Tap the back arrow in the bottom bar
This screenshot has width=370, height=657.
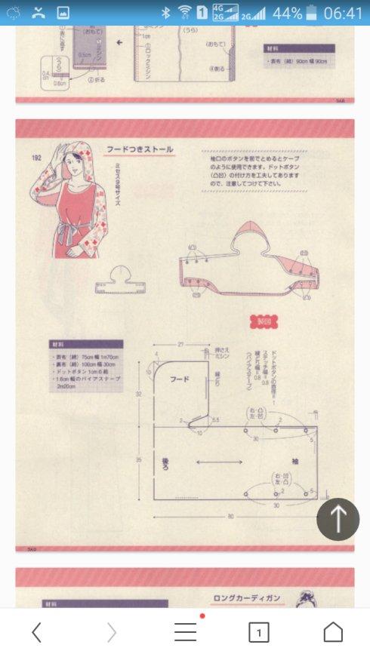[36, 632]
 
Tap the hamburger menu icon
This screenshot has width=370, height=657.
[185, 632]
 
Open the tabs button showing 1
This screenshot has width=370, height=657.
[258, 632]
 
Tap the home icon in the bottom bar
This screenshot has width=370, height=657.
[333, 632]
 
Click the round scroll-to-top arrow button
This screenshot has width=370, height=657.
[338, 519]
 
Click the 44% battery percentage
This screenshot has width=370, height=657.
[287, 13]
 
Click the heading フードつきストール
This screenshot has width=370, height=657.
[140, 150]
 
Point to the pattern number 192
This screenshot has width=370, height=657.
[35, 157]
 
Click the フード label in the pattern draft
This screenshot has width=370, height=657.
[179, 379]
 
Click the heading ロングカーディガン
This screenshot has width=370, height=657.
[246, 598]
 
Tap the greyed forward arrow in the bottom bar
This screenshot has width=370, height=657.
[112, 632]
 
